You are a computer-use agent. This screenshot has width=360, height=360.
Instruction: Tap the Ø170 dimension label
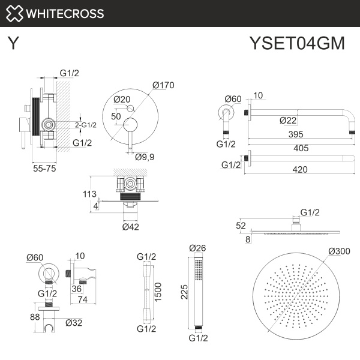pos(163,85)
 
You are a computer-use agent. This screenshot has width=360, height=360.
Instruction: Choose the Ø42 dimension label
pos(131,227)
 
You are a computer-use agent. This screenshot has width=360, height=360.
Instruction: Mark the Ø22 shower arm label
pos(288,120)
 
